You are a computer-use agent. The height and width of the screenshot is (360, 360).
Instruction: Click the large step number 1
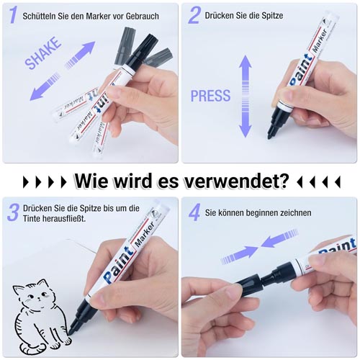coord(13,15)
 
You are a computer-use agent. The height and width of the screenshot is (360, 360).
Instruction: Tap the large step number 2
coord(194,15)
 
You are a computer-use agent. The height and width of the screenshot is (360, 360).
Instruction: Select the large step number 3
coord(13,212)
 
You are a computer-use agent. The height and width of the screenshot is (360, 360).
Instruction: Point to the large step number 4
coord(194,212)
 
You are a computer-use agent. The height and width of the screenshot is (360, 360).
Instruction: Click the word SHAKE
coord(43,53)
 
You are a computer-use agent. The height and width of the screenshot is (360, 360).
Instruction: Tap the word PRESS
coord(210,96)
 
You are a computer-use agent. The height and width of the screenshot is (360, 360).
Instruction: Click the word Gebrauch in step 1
coord(143,16)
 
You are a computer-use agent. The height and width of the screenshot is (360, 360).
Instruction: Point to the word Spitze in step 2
coord(269,16)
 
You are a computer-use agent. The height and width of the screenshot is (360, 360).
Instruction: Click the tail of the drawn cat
coord(31,348)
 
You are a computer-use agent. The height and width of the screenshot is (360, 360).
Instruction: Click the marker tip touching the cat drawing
coord(71,330)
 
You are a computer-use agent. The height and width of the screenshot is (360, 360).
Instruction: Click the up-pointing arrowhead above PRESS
coord(245,61)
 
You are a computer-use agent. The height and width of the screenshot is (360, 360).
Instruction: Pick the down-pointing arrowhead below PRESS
coord(245,131)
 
